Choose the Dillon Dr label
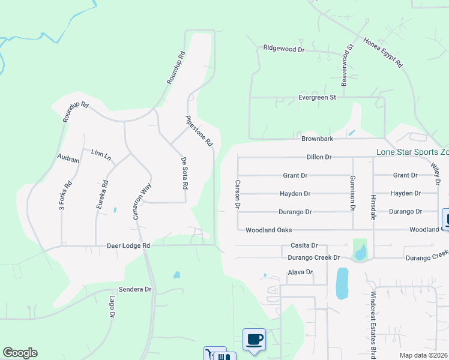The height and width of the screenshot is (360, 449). click(x=319, y=157)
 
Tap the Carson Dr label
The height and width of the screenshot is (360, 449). click(x=238, y=194)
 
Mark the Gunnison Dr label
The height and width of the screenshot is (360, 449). click(x=352, y=194)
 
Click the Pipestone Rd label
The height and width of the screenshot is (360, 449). click(x=200, y=131)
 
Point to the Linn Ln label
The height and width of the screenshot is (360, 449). click(x=101, y=155)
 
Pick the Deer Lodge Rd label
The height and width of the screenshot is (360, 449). click(x=128, y=245)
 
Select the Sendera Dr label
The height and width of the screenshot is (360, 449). click(x=136, y=289)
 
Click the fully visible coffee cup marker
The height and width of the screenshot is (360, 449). click(x=254, y=340)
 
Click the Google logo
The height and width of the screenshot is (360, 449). click(x=20, y=353)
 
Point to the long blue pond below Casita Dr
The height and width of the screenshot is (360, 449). click(x=342, y=283)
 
